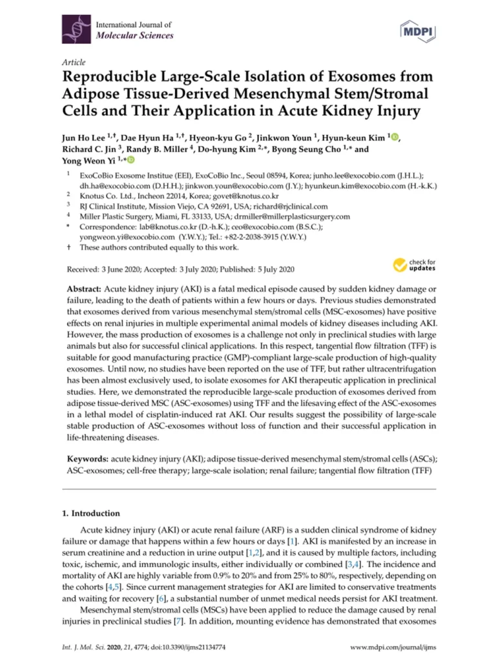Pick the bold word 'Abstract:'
point(87,287)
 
